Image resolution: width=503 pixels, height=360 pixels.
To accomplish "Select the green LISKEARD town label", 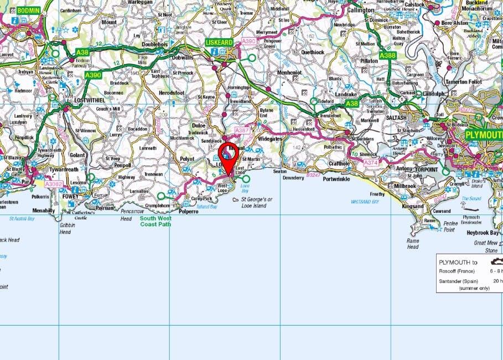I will (220, 42).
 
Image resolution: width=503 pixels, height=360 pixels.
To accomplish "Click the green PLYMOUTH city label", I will (483, 134).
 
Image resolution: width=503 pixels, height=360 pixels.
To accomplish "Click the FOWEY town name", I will (72, 195).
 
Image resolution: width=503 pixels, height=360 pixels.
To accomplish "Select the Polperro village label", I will (189, 211).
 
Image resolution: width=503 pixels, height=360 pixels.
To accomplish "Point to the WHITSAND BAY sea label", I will (365, 202).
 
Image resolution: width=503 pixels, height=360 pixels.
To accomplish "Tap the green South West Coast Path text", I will (155, 221).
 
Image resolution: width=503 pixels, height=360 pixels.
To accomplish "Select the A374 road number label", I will (371, 163).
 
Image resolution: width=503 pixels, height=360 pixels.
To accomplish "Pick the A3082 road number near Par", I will (54, 184).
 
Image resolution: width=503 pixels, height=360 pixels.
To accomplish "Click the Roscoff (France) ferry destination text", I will (457, 272).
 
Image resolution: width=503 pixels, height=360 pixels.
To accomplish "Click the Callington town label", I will (360, 10).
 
